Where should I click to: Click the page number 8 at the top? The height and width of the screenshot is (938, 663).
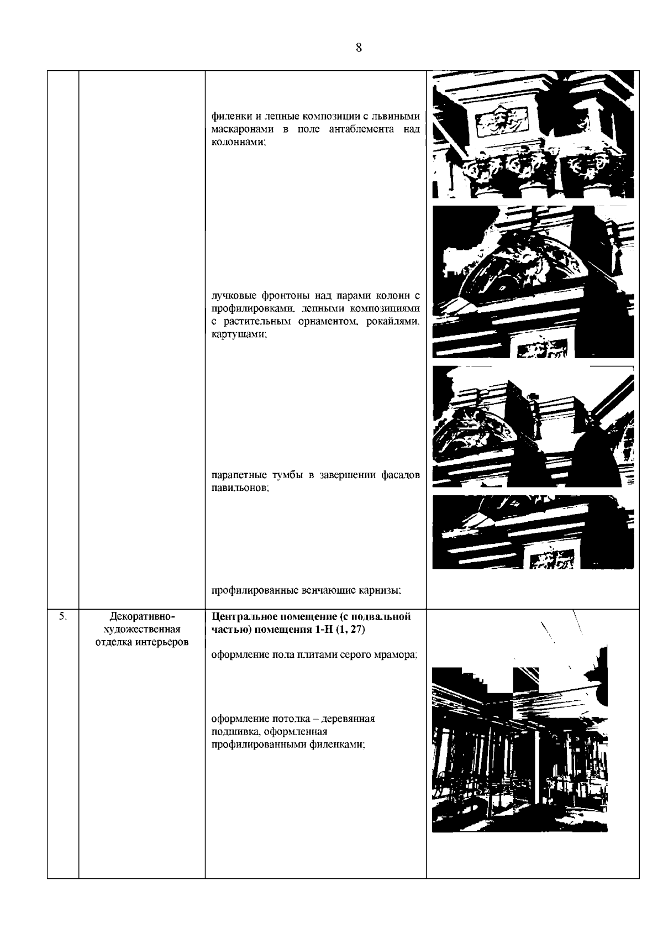(x=359, y=48)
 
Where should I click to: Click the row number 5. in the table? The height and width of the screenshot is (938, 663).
(x=62, y=616)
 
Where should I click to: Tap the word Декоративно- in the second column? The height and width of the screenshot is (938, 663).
(x=142, y=616)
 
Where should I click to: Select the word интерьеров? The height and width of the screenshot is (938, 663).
(x=161, y=642)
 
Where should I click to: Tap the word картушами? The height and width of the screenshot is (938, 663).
(x=239, y=334)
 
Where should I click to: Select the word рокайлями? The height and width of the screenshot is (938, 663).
(x=393, y=322)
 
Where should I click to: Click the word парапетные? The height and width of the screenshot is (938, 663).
(x=239, y=475)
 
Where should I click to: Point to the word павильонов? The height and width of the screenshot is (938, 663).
(x=240, y=488)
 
